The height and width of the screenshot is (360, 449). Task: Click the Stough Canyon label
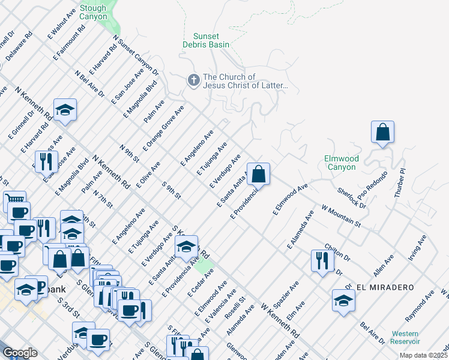click(x=92, y=13)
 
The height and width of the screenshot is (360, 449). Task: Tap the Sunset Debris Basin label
click(x=206, y=40)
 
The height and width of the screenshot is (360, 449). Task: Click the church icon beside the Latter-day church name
click(x=194, y=80)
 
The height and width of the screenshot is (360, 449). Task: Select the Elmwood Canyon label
click(x=341, y=163)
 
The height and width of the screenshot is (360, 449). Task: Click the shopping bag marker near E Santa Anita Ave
click(x=258, y=174)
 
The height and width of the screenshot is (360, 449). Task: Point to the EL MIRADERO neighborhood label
click(x=385, y=287)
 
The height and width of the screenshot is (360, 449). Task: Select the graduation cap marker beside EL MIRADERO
click(x=343, y=300)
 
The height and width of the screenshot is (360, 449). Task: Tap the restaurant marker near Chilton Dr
click(x=322, y=260)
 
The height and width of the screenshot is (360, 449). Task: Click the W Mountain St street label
click(x=341, y=215)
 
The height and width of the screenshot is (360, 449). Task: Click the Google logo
click(x=20, y=352)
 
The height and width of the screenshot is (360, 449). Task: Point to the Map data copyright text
click(x=423, y=355)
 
